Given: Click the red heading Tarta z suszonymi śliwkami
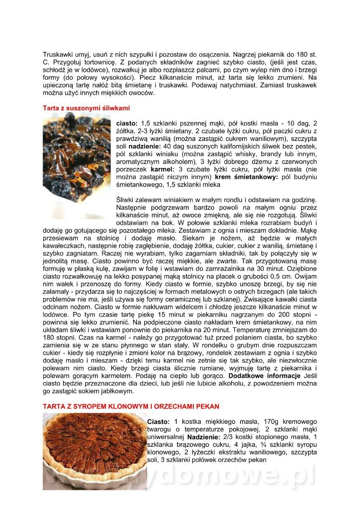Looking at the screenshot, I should (86, 108).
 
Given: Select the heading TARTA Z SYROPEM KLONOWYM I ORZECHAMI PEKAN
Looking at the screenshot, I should (131, 406).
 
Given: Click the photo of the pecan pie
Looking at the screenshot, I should (94, 451).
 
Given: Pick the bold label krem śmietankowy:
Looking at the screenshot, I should (246, 177).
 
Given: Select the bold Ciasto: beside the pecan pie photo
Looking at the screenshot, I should (158, 422).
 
